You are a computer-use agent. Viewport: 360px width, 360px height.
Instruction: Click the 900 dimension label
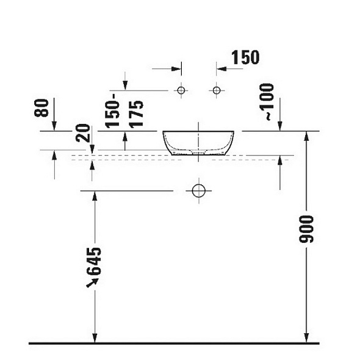click(306, 229)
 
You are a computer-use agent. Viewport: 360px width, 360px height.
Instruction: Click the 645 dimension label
click(94, 261)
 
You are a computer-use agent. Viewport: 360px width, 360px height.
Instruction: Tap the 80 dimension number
click(41, 108)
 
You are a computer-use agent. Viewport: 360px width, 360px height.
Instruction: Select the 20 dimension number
click(82, 133)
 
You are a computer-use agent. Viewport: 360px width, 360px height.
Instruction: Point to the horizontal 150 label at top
click(245, 57)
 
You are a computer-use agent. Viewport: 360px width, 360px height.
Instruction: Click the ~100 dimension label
click(267, 102)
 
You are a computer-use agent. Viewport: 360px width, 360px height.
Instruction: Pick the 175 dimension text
click(136, 114)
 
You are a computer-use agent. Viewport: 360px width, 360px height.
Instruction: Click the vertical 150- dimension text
click(112, 111)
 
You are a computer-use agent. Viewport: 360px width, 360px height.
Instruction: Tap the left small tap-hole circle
click(181, 90)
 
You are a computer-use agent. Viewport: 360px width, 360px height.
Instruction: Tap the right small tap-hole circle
click(217, 90)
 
